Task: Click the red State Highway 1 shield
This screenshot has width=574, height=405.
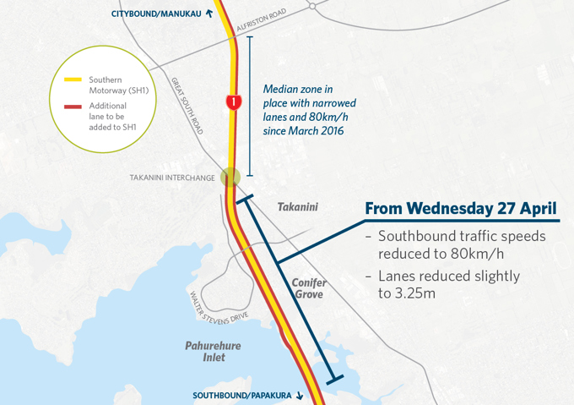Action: pyautogui.click(x=234, y=102)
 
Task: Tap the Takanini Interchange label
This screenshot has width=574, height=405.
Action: pyautogui.click(x=171, y=178)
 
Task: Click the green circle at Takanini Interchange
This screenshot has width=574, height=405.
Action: pyautogui.click(x=230, y=178)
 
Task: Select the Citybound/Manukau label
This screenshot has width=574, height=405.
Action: pyautogui.click(x=155, y=14)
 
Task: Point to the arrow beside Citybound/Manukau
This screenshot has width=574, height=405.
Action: pyautogui.click(x=208, y=14)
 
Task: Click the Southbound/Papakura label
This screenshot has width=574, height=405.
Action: pyautogui.click(x=243, y=395)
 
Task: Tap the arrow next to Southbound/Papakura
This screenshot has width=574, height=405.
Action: pyautogui.click(x=300, y=395)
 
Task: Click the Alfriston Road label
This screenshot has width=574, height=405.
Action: pyautogui.click(x=262, y=21)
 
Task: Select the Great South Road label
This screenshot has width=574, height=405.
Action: pyautogui.click(x=187, y=107)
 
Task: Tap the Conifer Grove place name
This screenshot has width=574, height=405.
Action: pyautogui.click(x=308, y=288)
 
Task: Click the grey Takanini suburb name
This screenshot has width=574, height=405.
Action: pyautogui.click(x=297, y=207)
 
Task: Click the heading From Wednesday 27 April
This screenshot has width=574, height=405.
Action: pyautogui.click(x=460, y=208)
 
